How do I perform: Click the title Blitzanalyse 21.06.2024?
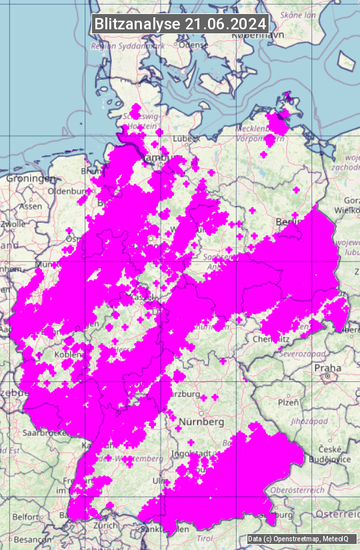[180, 23]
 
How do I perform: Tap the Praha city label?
[328, 367]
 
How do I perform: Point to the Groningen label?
[31, 179]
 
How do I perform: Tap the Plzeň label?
[287, 402]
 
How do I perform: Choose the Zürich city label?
[107, 525]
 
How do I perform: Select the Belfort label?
[25, 517]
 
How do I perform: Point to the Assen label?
[31, 206]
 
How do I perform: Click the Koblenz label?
[67, 355]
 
